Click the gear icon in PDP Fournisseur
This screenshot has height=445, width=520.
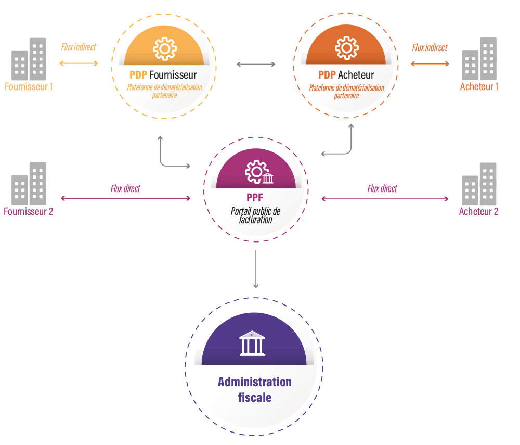[164, 48]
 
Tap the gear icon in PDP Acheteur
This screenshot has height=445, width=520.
[346, 48]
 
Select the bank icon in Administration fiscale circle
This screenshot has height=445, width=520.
[252, 344]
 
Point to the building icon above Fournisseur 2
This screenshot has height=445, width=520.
[29, 183]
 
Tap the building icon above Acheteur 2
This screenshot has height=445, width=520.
[479, 183]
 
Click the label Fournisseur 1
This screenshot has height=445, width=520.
[29, 87]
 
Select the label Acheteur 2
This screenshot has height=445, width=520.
[478, 212]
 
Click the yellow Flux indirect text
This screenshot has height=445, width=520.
[79, 47]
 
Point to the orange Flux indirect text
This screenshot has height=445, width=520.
[430, 48]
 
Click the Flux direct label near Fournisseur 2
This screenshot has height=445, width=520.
[125, 188]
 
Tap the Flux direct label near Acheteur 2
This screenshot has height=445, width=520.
[382, 188]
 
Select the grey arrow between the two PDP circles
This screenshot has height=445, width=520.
[256, 64]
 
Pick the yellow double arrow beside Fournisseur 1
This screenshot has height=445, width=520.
[79, 63]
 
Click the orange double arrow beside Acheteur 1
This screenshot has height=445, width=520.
[430, 64]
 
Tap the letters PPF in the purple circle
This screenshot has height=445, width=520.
[255, 198]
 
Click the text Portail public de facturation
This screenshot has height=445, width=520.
[255, 215]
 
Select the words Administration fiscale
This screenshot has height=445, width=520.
[255, 389]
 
